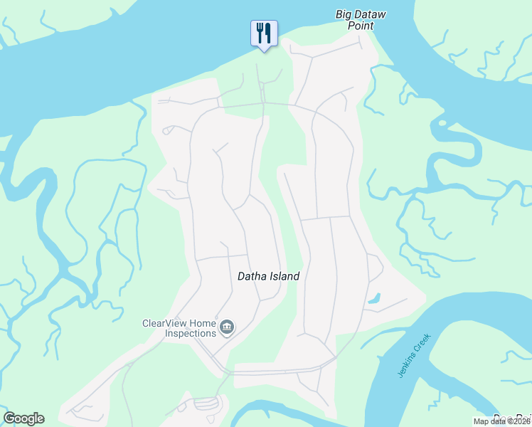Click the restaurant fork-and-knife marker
(x=264, y=33)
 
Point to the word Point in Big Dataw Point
(x=361, y=26)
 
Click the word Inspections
(x=190, y=333)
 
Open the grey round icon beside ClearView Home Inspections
(x=228, y=327)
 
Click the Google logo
(x=23, y=418)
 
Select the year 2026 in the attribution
(x=523, y=421)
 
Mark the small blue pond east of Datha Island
(x=373, y=298)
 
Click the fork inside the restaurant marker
(x=260, y=32)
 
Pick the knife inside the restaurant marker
(x=268, y=32)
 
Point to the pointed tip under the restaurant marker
(x=264, y=51)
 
